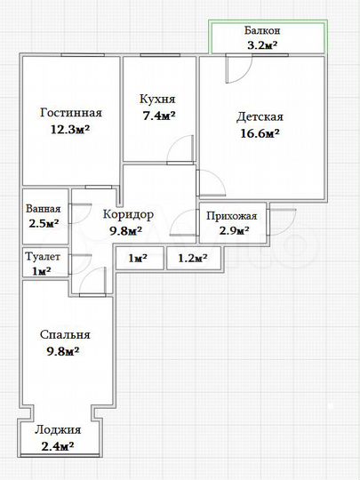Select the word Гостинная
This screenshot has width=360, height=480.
tap(71, 114)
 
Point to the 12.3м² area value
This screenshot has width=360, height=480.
tap(71, 129)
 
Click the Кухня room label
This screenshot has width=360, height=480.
tap(157, 100)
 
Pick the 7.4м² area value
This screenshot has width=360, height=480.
tap(157, 116)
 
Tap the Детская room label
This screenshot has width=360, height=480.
tap(260, 117)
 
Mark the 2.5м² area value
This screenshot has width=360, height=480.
tap(42, 224)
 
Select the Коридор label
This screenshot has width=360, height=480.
tap(128, 215)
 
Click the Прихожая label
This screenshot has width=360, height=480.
tap(232, 216)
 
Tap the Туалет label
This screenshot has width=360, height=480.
tap(42, 256)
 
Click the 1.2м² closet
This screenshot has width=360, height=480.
tap(193, 259)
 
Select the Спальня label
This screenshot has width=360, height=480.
tap(65, 335)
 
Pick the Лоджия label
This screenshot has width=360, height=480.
tap(57, 430)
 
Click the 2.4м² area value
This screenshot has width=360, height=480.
tap(57, 446)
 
